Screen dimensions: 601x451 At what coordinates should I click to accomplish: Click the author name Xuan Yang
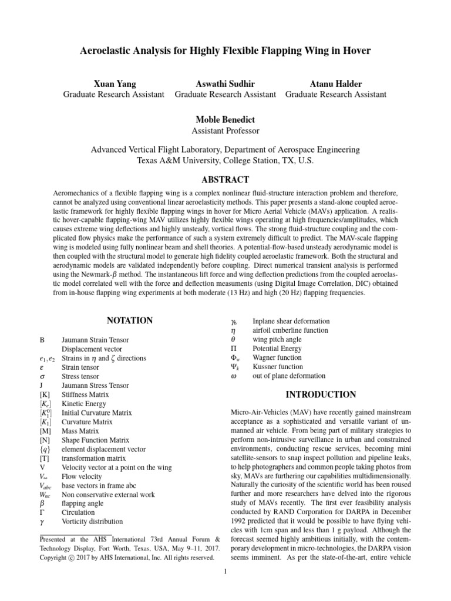pyautogui.click(x=113, y=83)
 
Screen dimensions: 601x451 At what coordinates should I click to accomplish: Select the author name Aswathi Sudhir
pyautogui.click(x=225, y=83)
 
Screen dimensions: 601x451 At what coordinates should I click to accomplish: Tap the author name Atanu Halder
pyautogui.click(x=335, y=83)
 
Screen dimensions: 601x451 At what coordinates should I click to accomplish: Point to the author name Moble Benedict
pyautogui.click(x=225, y=120)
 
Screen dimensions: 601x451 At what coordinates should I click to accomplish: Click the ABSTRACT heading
pyautogui.click(x=225, y=180)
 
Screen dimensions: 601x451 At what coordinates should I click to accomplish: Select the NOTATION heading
pyautogui.click(x=130, y=320)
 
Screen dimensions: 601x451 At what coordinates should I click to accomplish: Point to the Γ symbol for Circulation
pyautogui.click(x=41, y=512)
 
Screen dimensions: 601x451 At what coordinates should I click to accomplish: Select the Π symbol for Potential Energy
pyautogui.click(x=233, y=348)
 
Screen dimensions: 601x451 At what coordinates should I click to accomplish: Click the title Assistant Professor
pyautogui.click(x=225, y=131)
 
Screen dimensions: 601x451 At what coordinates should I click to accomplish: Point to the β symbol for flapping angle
pyautogui.click(x=41, y=503)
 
